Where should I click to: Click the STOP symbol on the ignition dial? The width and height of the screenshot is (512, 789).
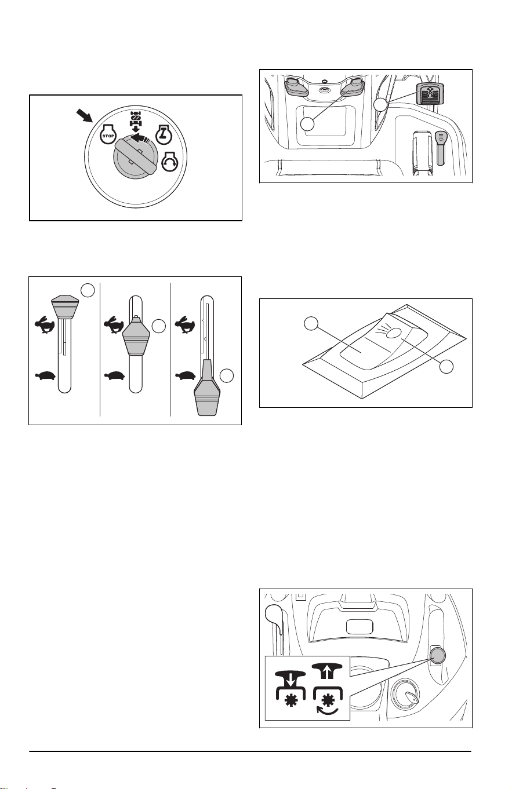pyautogui.click(x=108, y=134)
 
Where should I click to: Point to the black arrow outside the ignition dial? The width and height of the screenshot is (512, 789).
pyautogui.click(x=85, y=116)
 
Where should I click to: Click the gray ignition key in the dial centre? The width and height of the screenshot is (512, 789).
pyautogui.click(x=136, y=157)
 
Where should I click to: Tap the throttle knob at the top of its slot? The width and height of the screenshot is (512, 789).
pyautogui.click(x=65, y=306)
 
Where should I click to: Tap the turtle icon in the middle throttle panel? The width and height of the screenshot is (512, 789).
pyautogui.click(x=115, y=375)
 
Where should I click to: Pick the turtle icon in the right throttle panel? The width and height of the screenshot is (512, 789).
pyautogui.click(x=186, y=375)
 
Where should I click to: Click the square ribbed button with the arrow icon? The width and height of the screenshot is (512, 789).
pyautogui.click(x=429, y=93)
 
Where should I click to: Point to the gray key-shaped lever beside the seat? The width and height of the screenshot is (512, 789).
pyautogui.click(x=441, y=148)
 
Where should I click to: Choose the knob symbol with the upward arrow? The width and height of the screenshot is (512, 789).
pyautogui.click(x=328, y=671)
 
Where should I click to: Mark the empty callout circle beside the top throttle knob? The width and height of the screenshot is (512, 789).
pyautogui.click(x=88, y=290)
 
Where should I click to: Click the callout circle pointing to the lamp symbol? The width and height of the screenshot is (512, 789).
pyautogui.click(x=446, y=366)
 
